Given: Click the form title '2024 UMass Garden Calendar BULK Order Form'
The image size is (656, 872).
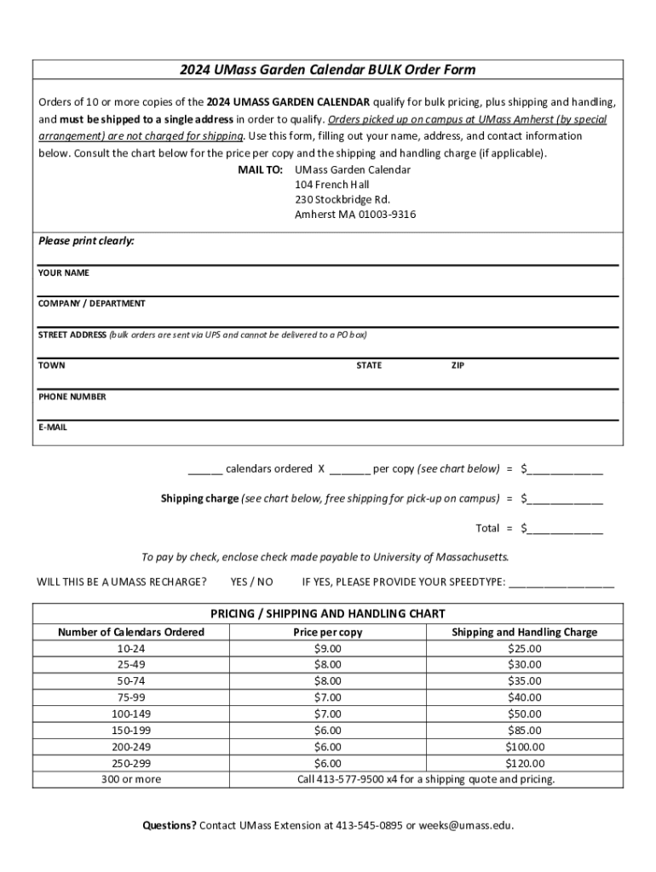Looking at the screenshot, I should tap(327, 70).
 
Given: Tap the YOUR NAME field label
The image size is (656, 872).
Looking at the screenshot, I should tap(63, 273).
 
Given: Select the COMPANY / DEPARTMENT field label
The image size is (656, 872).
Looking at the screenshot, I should tap(91, 304).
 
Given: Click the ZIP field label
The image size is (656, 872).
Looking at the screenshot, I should tap(457, 366).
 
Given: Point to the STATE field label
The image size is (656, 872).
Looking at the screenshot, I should tap(369, 366).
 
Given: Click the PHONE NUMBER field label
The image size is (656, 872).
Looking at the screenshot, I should tap(72, 397).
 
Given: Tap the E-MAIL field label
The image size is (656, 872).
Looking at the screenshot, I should tap(52, 427).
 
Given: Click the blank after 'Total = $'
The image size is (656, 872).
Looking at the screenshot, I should tap(565, 529).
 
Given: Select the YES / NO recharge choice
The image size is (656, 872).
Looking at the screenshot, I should tap(251, 582).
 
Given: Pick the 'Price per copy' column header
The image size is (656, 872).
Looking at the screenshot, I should tap(327, 633).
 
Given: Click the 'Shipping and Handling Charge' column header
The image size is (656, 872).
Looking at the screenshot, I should tap(524, 633).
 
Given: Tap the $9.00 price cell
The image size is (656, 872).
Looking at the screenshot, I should tap(327, 649).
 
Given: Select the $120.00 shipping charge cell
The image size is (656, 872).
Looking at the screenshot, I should tap(524, 764).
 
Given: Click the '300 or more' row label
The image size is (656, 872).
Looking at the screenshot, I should tap(130, 780).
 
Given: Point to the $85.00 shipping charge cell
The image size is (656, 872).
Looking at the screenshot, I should tap(524, 731).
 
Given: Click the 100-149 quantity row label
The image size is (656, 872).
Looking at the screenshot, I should tap(130, 714).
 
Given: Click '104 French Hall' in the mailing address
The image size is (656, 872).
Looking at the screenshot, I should tap(331, 185).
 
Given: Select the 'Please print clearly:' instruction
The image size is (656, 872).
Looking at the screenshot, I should tap(86, 242).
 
